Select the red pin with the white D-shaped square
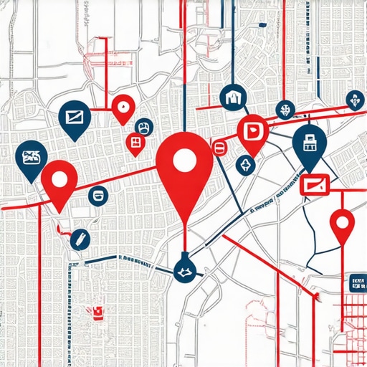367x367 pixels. pyautogui.click(x=253, y=131)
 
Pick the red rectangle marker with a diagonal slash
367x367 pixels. pyautogui.click(x=313, y=185)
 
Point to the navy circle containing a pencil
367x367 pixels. pyautogui.click(x=80, y=239)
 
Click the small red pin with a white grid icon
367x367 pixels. pyautogui.click(x=135, y=142)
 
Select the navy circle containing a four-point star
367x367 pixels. pyautogui.click(x=246, y=166)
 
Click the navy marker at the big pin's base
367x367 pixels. pyautogui.click(x=184, y=270)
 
